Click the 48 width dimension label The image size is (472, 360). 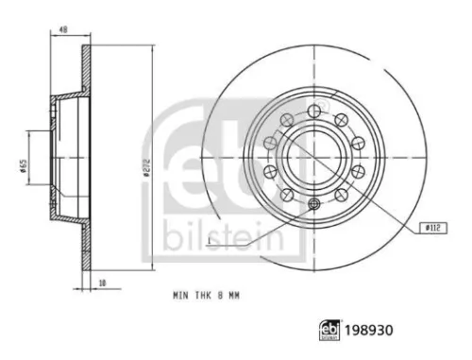coord(63,30)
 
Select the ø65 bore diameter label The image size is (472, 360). coord(23,166)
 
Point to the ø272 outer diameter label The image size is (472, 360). coord(146,168)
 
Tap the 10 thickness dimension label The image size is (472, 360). coord(102,283)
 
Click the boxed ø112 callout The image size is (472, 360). coord(434,228)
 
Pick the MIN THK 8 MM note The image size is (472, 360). coord(207,296)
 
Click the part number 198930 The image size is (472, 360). coord(369,331)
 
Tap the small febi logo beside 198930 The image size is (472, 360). coord(329,331)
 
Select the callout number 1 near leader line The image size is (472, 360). coord(210,241)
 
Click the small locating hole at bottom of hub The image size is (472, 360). coord(314,204)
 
